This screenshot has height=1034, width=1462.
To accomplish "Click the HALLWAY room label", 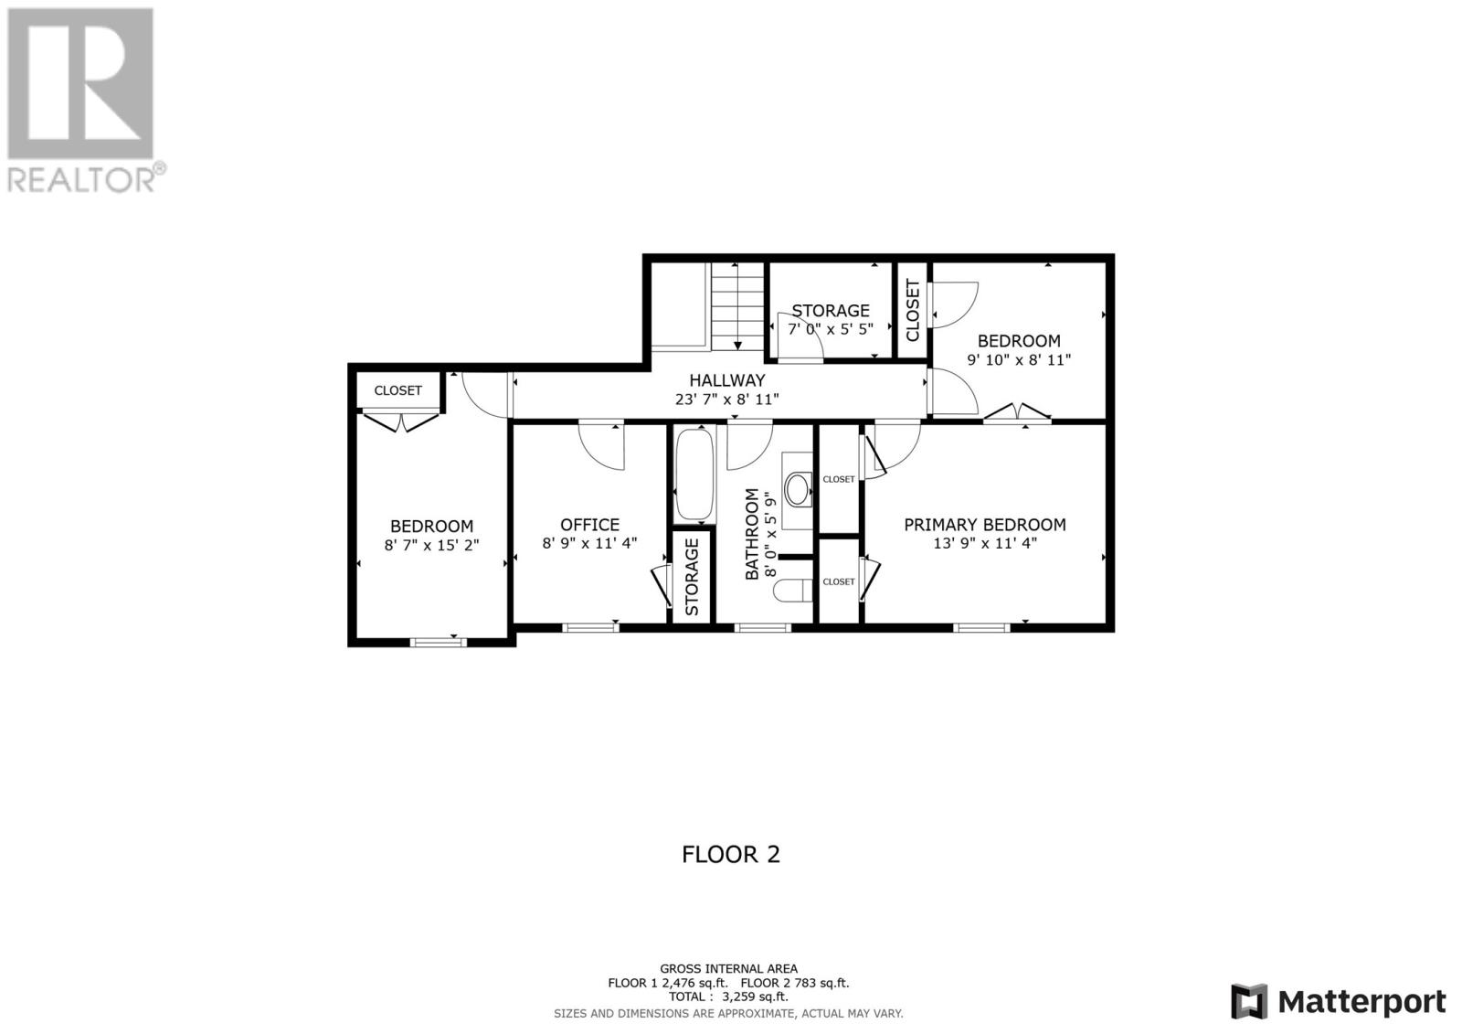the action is coord(727,380).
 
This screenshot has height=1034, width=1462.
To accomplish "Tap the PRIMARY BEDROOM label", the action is coord(985,525).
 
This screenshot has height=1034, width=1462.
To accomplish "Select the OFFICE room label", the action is coord(590,525).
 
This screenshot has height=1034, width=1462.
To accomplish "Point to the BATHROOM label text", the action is coord(752,534).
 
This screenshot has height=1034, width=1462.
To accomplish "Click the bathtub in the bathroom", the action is coord(694,474).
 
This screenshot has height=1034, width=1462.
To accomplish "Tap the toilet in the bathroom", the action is coord(792,592).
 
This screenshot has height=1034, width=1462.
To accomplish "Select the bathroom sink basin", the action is coord(797,489).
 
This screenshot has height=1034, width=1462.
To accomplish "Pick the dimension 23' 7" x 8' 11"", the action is coord(727,400).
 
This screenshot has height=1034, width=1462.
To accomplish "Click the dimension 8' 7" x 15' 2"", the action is coord(431,545).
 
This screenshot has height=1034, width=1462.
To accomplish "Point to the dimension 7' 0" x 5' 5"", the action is coord(831,328).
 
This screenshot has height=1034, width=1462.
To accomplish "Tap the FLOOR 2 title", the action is coord(731,855).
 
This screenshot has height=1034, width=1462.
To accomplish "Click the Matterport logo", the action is coord(1339,1001).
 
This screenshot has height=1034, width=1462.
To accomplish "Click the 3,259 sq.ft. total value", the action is coord(754,997).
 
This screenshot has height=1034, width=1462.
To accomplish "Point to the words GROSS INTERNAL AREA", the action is coord(728,969).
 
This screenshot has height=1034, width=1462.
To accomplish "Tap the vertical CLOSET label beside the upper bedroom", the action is coord(913,310).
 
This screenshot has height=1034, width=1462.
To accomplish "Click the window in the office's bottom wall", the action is coord(590,628).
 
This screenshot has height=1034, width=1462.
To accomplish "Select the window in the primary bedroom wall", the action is coord(981,628).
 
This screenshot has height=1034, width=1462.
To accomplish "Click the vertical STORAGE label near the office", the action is coord(692,577).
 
